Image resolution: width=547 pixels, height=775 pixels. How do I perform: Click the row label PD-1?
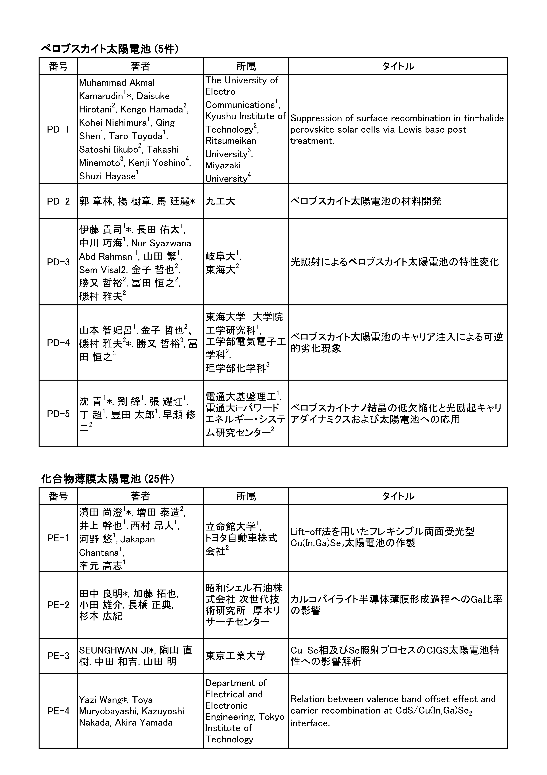pyautogui.click(x=58, y=129)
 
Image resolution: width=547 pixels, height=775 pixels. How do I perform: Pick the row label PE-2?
pyautogui.click(x=58, y=605)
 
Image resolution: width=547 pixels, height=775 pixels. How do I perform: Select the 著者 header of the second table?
pyautogui.click(x=140, y=496)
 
